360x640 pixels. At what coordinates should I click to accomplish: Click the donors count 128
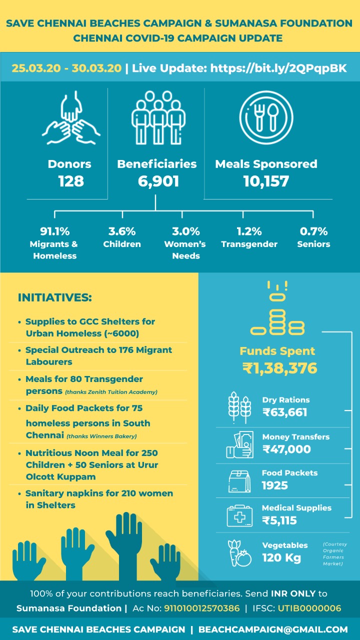point(71,181)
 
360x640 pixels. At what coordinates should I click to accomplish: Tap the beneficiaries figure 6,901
point(158,181)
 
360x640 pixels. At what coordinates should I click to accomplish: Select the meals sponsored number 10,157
point(266,181)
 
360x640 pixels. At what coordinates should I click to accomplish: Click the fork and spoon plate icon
point(266,117)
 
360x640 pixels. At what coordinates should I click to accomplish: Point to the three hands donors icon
point(71,117)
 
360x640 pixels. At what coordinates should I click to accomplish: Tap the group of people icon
point(158,117)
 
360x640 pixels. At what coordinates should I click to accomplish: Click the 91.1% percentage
point(55,231)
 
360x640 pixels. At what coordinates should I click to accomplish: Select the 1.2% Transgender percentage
point(249,231)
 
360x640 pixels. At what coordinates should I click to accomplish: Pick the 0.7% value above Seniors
point(313,231)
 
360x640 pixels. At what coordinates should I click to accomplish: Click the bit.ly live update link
point(278,68)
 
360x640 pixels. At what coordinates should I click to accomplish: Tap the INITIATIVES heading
point(55,297)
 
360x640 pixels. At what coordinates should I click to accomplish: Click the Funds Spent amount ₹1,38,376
point(279,368)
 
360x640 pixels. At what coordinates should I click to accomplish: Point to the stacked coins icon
point(277,308)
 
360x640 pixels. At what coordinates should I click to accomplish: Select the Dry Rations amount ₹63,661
point(285,412)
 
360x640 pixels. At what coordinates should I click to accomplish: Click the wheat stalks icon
point(239,407)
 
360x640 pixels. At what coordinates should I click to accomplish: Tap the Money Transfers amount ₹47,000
point(286,449)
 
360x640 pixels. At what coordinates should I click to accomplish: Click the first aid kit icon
point(239,515)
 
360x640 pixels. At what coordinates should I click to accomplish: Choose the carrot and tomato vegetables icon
point(239,553)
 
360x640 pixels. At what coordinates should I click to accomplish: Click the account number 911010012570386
point(201,608)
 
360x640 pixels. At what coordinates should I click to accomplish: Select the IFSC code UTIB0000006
point(309,608)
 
